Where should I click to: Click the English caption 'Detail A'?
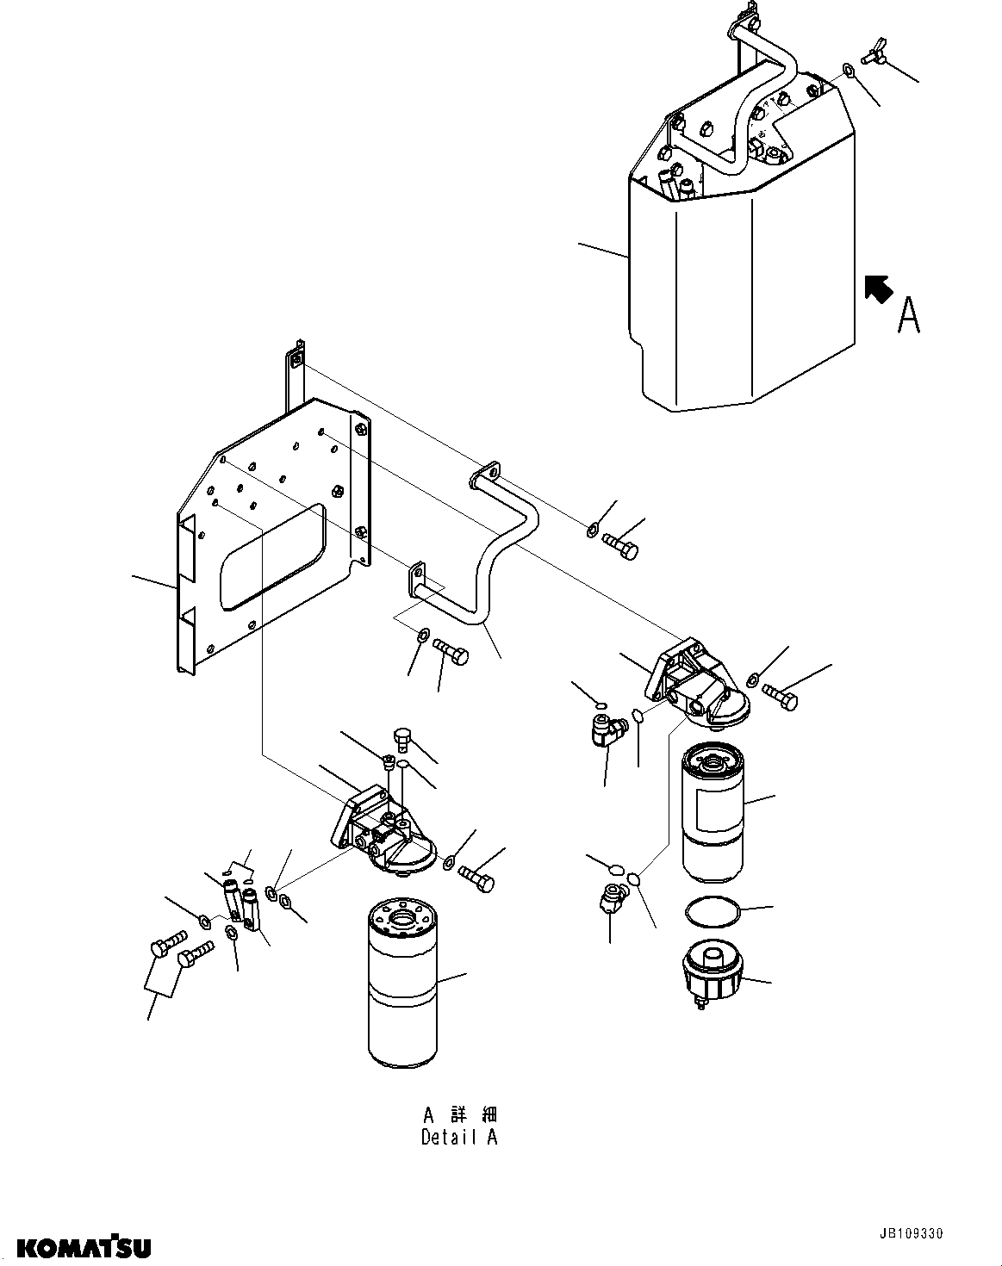click(459, 1137)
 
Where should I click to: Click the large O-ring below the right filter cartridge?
click(712, 909)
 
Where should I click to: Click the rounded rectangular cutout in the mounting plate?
click(272, 558)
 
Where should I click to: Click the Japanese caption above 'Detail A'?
click(459, 1114)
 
